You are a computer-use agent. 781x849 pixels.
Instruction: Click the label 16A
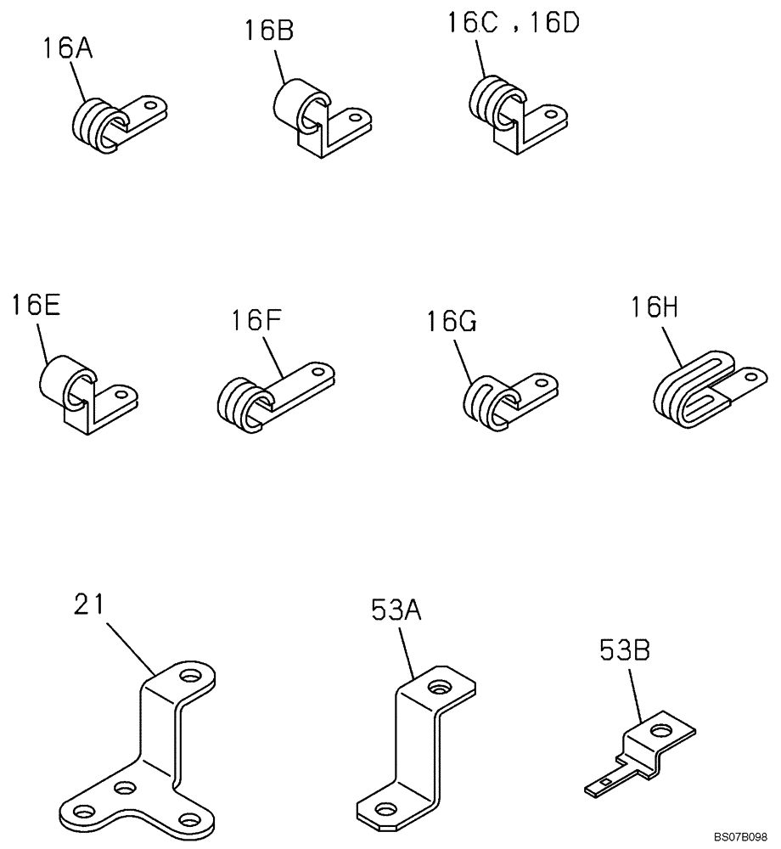tap(67, 49)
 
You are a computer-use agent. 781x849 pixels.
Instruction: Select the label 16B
tap(269, 31)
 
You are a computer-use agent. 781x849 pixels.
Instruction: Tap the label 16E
tap(36, 306)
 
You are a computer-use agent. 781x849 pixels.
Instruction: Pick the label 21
tap(88, 604)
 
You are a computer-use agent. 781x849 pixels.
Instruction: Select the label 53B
tap(620, 651)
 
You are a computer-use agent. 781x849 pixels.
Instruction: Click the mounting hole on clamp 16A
tap(152, 106)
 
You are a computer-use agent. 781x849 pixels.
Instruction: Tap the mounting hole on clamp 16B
tap(356, 119)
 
